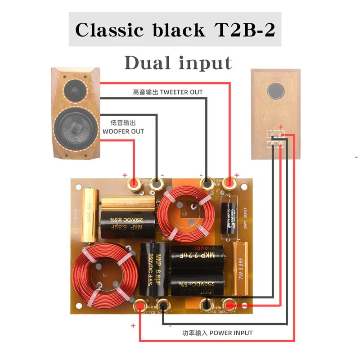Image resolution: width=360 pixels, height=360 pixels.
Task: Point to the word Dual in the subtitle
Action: click(x=148, y=63)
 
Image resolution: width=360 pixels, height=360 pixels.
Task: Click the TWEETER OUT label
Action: click(x=168, y=92)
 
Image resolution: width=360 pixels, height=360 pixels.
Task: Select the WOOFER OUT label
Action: click(x=123, y=127)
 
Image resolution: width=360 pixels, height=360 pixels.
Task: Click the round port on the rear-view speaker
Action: click(x=275, y=91)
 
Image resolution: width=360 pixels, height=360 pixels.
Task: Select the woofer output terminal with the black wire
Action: click(x=157, y=183)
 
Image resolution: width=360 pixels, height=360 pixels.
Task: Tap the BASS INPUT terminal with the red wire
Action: click(x=229, y=306)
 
